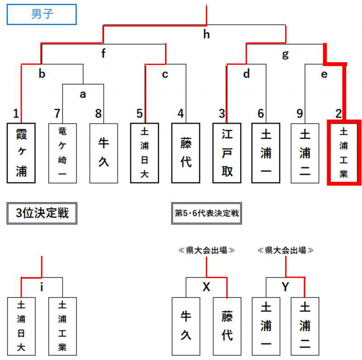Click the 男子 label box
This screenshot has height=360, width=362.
pyautogui.click(x=42, y=14)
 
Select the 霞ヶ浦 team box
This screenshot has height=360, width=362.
pyautogui.click(x=21, y=152)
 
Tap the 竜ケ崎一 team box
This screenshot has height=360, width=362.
pyautogui.click(x=62, y=152)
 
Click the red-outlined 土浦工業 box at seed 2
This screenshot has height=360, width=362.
pyautogui.click(x=344, y=152)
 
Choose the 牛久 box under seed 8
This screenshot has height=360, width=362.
pyautogui.click(x=104, y=152)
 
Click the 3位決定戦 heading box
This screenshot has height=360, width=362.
pyautogui.click(x=42, y=213)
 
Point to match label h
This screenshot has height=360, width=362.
pyautogui.click(x=206, y=35)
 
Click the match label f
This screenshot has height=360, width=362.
pyautogui.click(x=104, y=54)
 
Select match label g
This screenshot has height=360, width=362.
pyautogui.click(x=285, y=54)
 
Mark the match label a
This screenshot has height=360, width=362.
pyautogui.click(x=83, y=94)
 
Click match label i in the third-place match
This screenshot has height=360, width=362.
pyautogui.click(x=42, y=287)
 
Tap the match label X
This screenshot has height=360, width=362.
pyautogui.click(x=206, y=287)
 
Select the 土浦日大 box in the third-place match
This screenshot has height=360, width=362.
pyautogui.click(x=21, y=326)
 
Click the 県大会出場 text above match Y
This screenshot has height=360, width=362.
pyautogui.click(x=285, y=250)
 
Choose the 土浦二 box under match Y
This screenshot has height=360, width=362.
pyautogui.click(x=305, y=326)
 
